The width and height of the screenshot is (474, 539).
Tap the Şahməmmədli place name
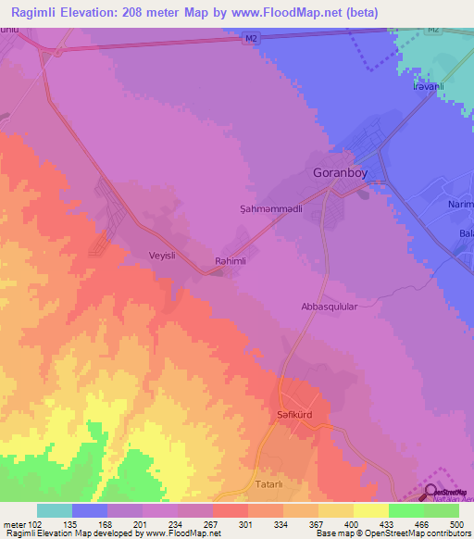tap(267, 210)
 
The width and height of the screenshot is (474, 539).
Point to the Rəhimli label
tap(231, 262)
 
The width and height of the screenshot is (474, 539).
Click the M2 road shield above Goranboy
tap(251, 39)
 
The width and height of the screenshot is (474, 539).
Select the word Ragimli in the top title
tap(37, 11)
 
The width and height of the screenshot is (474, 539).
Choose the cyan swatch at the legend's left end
tap(55, 510)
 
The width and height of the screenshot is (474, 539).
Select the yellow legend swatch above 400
tap(370, 510)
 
